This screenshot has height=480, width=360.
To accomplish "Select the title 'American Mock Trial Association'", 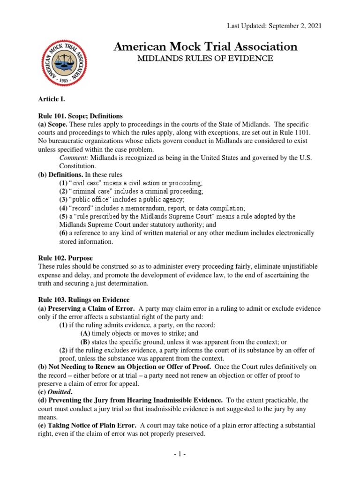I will tap(206, 46).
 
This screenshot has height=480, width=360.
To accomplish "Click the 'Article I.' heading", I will tap(51, 99).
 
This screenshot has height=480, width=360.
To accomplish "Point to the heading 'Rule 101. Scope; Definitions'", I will tap(80, 116).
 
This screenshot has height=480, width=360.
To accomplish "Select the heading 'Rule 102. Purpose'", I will tap(65, 258).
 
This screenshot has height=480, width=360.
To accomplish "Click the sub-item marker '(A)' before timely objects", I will tap(85, 333).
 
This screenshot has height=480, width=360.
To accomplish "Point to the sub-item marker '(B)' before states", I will tap(85, 342).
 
